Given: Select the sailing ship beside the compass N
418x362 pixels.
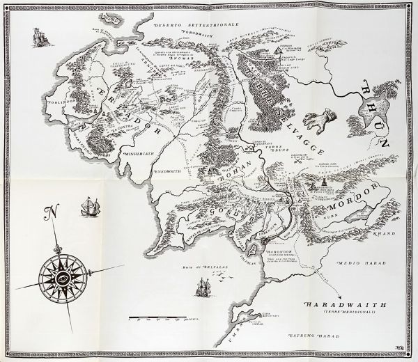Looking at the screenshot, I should pyautogui.click(x=88, y=206).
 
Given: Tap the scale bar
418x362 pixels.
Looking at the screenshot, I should pyautogui.click(x=164, y=317).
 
